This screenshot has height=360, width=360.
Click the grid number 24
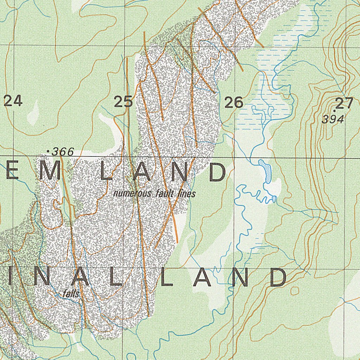tap(13, 101)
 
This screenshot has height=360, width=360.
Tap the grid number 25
tap(123, 102)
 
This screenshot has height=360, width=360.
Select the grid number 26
tap(234, 103)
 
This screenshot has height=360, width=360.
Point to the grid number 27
tap(344, 104)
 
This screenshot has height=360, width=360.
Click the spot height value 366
tap(63, 152)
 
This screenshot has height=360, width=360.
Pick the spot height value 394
tap(333, 120)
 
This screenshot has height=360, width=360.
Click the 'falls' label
tap(71, 294)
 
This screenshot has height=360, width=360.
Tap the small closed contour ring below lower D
tap(295, 291)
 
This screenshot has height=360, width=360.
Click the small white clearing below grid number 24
tap(33, 112)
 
